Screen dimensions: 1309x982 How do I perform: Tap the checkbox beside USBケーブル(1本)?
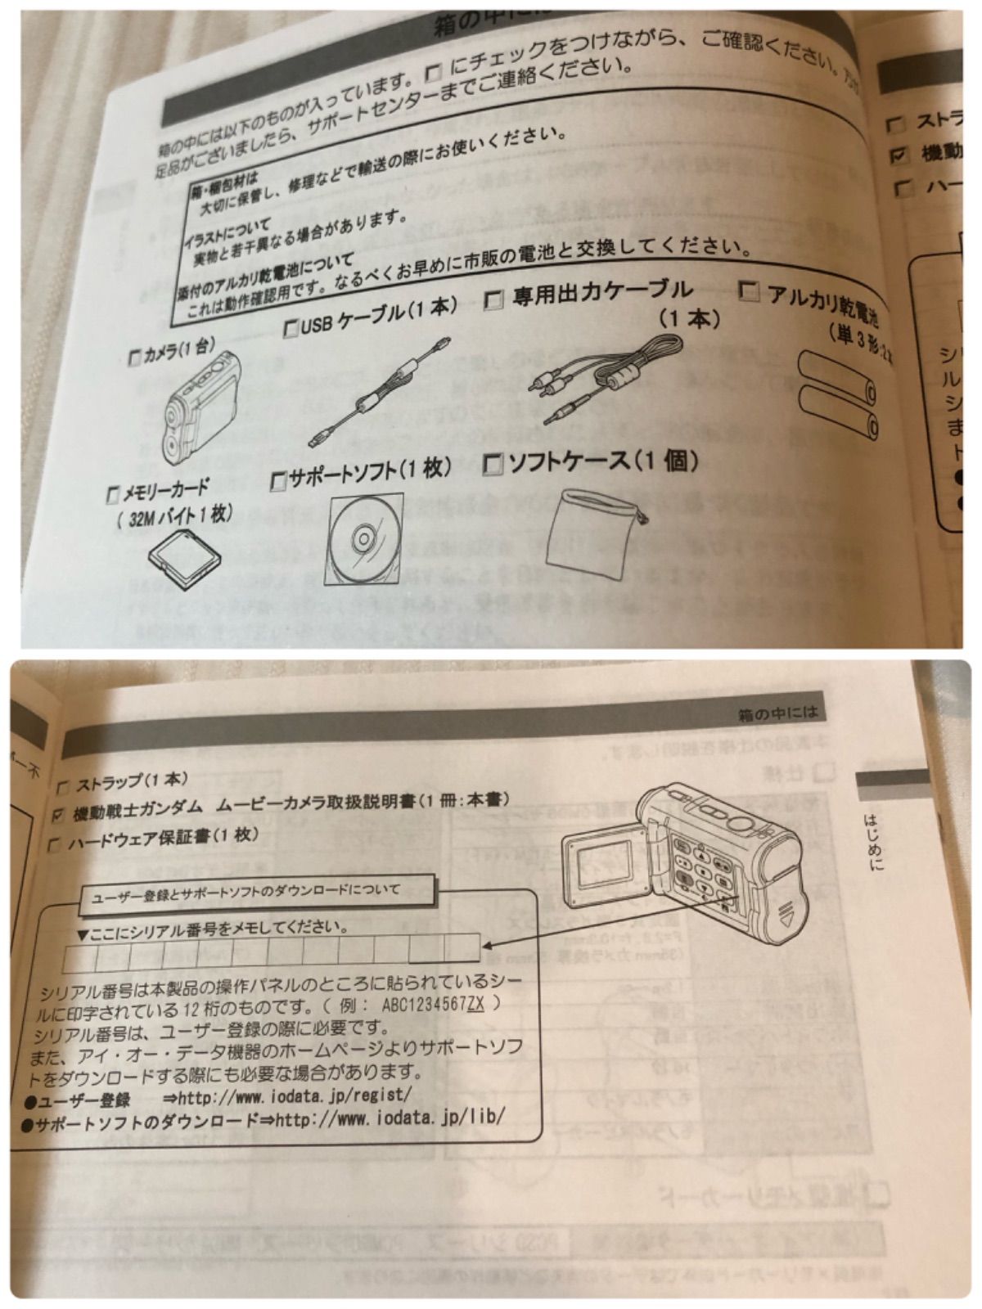[291, 329]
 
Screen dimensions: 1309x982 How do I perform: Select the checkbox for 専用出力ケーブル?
[494, 299]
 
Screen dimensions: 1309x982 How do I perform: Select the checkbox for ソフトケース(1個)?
[494, 465]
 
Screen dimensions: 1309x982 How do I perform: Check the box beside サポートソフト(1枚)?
[279, 479]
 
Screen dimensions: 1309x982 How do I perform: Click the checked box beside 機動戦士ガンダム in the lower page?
[57, 815]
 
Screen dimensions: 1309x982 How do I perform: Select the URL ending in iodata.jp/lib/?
[390, 1116]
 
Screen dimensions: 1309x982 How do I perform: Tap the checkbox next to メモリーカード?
[114, 495]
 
